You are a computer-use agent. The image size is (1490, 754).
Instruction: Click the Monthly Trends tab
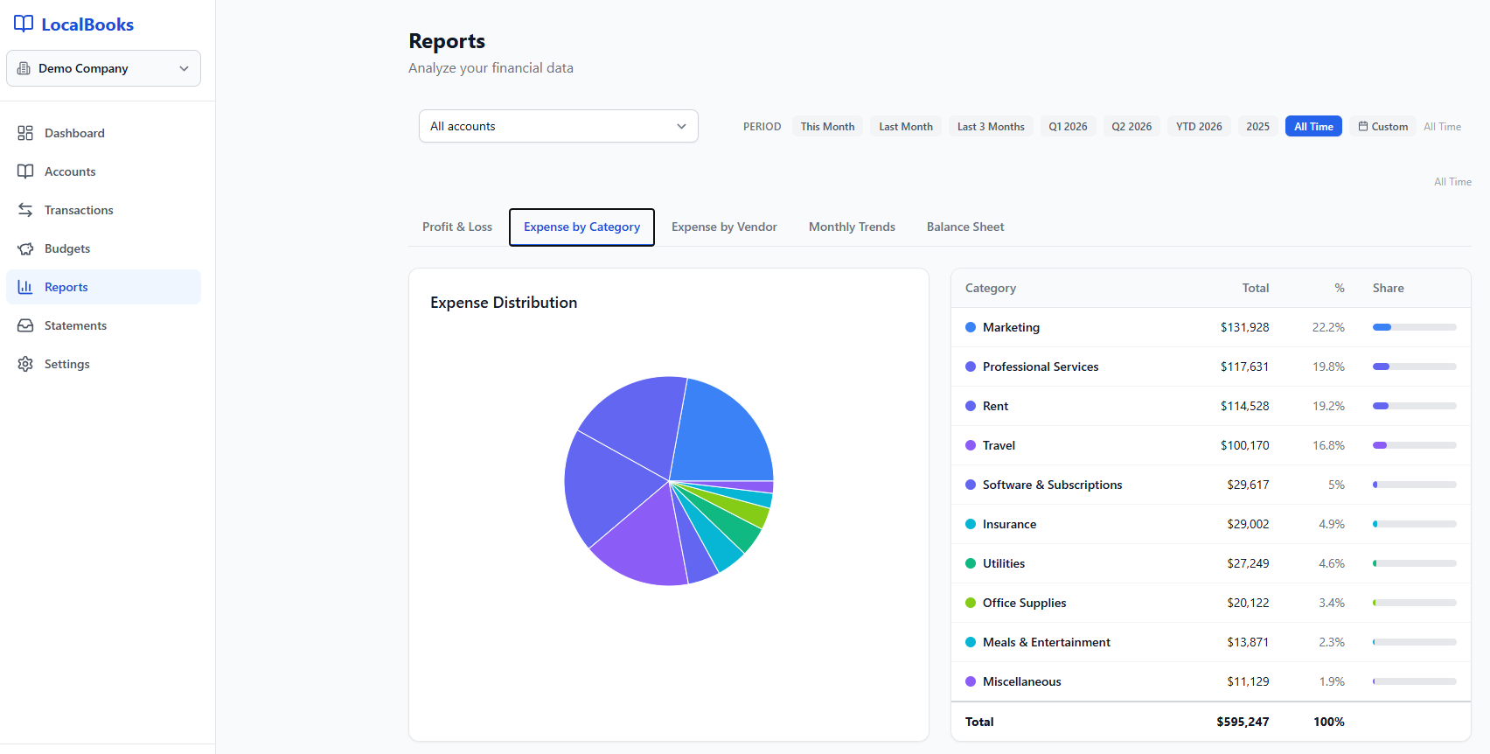coord(852,227)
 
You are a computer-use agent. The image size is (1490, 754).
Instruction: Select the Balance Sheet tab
coord(965,227)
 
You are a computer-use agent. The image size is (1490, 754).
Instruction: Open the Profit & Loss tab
coord(457,227)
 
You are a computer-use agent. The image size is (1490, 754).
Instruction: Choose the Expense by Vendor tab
coord(724,227)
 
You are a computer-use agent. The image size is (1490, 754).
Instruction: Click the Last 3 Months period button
coord(991,127)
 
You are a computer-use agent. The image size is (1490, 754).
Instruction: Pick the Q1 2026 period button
coord(1068,127)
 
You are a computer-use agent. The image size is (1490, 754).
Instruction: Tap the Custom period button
coord(1382,127)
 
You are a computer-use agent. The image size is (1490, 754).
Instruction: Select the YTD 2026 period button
coord(1199,127)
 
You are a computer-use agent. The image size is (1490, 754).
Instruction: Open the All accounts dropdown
coord(558,126)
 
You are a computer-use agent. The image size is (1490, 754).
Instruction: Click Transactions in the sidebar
coord(79,210)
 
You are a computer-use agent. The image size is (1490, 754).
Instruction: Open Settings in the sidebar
coord(67,364)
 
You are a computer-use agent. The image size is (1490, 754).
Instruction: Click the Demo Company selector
coord(103,68)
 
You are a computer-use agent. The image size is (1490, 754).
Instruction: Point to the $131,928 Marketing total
coord(1244,327)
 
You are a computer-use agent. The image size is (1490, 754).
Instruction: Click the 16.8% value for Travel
coord(1328,445)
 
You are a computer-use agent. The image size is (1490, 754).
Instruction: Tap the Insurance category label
coord(1009,524)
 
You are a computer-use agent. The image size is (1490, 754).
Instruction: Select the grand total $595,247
coord(1243,722)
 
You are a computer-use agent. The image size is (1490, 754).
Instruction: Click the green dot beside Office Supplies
coord(971,603)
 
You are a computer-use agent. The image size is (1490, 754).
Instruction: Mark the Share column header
coord(1388,288)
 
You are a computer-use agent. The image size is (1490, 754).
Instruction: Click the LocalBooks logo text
coord(87,24)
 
